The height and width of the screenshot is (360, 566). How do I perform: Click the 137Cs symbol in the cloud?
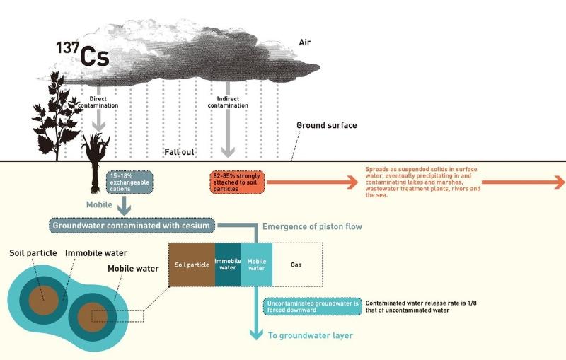point(84,54)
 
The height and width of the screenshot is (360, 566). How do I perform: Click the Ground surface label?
point(326,126)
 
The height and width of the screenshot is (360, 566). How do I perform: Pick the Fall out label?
point(179,151)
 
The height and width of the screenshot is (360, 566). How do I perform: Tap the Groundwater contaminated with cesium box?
point(131,226)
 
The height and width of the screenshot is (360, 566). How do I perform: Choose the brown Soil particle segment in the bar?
point(191,265)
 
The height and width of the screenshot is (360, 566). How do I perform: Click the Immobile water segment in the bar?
point(227,265)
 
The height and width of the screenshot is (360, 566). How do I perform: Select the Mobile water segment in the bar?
point(256,265)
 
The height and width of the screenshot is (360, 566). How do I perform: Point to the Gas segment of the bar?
point(296,265)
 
